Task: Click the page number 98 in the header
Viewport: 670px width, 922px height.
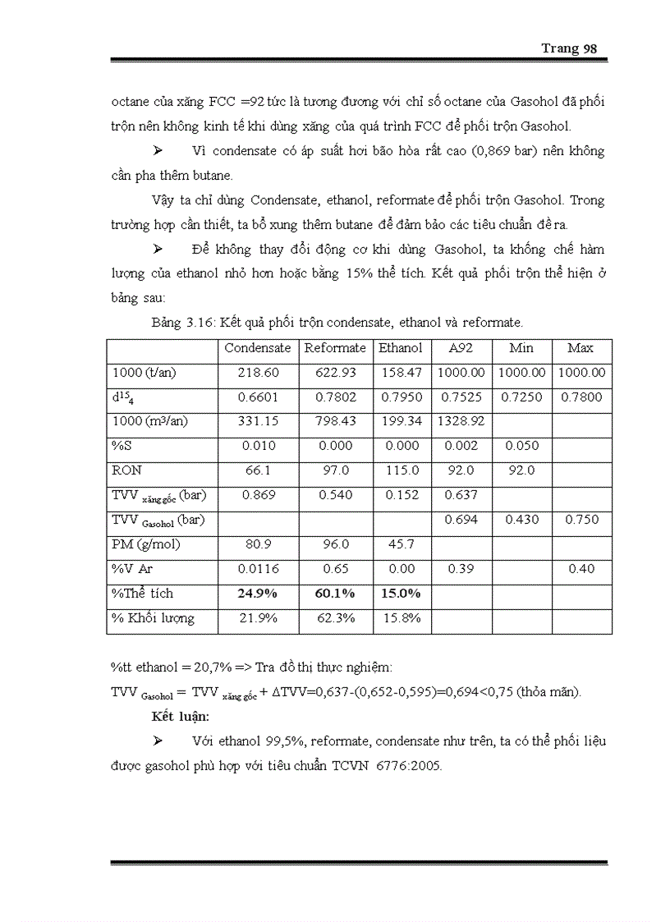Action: click(590, 48)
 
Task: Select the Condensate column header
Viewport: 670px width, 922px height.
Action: click(258, 348)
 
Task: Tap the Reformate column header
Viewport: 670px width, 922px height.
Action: click(335, 348)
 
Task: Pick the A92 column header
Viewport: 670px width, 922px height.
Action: click(461, 348)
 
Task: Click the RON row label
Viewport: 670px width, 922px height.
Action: click(126, 470)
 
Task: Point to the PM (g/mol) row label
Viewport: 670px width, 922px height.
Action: click(146, 544)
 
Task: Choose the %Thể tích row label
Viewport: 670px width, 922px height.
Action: click(142, 594)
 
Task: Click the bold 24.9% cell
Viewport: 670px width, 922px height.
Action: click(258, 594)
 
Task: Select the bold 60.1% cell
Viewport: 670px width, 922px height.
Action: click(335, 594)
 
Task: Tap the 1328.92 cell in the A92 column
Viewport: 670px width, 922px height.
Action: click(461, 421)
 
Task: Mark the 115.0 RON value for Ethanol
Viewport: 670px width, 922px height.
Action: click(401, 470)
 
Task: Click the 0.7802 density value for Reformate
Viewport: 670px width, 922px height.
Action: click(335, 397)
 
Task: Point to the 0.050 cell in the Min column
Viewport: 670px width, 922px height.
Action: click(521, 446)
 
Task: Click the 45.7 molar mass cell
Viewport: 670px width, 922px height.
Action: click(401, 544)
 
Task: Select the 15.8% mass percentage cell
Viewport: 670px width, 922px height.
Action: click(401, 618)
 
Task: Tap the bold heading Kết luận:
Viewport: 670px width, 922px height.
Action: click(181, 716)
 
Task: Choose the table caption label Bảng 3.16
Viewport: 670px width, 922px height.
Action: click(182, 323)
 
